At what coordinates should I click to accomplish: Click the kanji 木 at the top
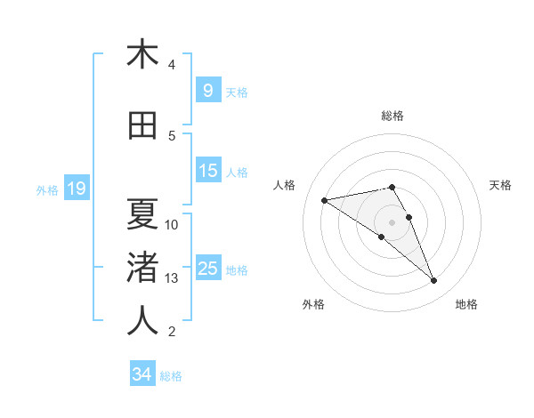point(142,54)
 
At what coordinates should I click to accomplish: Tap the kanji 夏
point(142,213)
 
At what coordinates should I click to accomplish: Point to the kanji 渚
point(142,266)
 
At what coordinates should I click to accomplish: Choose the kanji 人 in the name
point(142,320)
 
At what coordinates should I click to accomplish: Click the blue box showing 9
point(207,90)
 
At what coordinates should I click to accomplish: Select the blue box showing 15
point(207,171)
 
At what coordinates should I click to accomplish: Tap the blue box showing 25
point(207,269)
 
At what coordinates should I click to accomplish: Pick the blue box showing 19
point(76,189)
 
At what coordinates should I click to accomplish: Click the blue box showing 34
point(142,374)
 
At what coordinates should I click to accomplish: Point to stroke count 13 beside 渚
point(173,278)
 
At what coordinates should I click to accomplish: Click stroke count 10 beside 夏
point(173,224)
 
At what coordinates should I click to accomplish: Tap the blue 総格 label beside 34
point(171,376)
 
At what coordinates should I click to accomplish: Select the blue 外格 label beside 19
point(46,189)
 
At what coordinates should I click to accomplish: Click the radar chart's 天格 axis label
point(501,185)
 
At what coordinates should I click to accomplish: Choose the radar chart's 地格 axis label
point(466,304)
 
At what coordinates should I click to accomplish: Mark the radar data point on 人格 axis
point(324,199)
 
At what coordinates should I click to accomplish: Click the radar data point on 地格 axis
point(434,281)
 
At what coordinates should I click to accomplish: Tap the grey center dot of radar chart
point(392,221)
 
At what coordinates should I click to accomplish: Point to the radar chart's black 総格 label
point(392,116)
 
